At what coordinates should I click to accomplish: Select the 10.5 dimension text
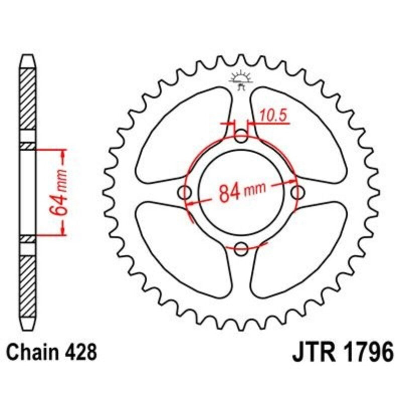click(273, 116)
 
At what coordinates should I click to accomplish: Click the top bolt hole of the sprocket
click(242, 136)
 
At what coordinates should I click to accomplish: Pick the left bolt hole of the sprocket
click(185, 192)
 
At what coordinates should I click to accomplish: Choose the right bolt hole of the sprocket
click(298, 192)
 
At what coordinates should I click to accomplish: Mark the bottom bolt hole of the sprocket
click(242, 248)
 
